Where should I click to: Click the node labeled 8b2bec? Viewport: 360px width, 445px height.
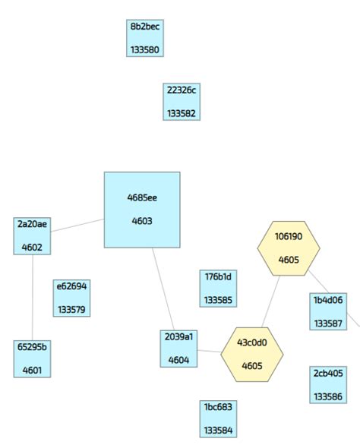[x=144, y=38]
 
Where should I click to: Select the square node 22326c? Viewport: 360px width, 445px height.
[x=182, y=102]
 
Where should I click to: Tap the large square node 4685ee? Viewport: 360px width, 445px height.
[x=142, y=210]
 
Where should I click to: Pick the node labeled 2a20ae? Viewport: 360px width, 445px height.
[x=32, y=235]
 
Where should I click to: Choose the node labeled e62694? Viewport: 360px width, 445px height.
[x=72, y=298]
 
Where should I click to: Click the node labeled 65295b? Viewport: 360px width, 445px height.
[x=32, y=358]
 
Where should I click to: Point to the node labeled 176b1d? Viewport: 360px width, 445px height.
[x=219, y=289]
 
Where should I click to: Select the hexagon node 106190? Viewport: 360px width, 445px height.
[x=288, y=248]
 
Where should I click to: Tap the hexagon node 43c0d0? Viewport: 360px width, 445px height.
[x=252, y=353]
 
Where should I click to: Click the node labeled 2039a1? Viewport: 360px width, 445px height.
[x=178, y=348]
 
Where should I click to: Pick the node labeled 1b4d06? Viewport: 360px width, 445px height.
[x=328, y=311]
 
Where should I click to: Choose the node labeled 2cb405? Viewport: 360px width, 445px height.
[x=328, y=384]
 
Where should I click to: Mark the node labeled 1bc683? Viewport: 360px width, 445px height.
[x=219, y=418]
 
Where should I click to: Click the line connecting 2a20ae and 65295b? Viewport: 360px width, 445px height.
[x=32, y=298]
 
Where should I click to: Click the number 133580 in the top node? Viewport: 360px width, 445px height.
[x=144, y=50]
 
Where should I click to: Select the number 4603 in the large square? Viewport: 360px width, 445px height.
[x=142, y=222]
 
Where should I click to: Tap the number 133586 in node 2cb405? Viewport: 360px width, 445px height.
[x=328, y=396]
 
